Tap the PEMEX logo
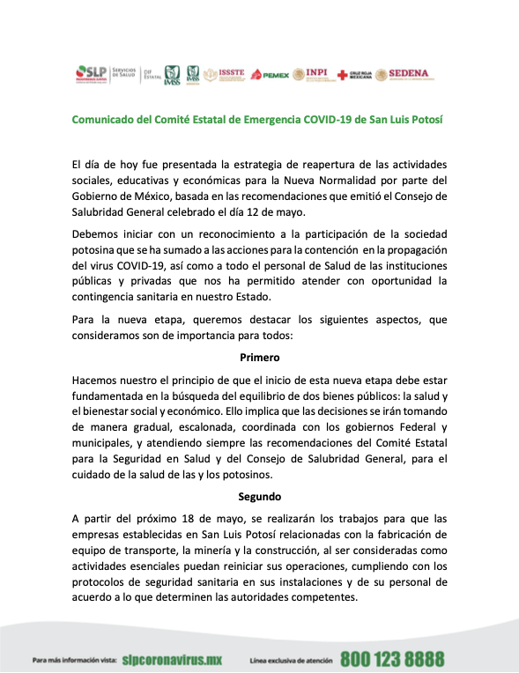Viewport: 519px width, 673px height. coord(270,75)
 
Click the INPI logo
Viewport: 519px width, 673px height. coord(312,75)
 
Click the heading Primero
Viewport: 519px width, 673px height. coord(259,358)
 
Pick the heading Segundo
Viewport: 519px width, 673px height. coord(259,496)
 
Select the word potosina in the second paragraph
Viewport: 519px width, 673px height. coord(95,249)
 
